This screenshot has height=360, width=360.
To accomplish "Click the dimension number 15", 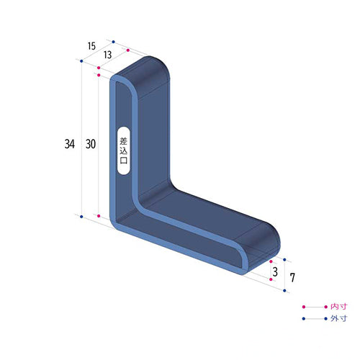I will pos(91,46).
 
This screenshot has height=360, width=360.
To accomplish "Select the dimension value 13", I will pos(107,55).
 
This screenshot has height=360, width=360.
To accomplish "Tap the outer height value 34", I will pos(69,144).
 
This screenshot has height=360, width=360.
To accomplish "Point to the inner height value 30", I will pos(91,144).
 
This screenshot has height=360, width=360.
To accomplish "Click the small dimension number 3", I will pos(275,271).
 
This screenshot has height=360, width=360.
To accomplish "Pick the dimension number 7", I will pos(293,276).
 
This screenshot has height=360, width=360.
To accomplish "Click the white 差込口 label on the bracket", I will pos(123,152).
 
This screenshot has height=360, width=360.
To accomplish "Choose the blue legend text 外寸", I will pos(338,318).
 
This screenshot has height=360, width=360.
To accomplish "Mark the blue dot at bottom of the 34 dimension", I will pos(82,216).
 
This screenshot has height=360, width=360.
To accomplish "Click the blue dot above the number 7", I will pos(286,261).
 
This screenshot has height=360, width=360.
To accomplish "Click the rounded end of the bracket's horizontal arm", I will pos(270,241).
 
